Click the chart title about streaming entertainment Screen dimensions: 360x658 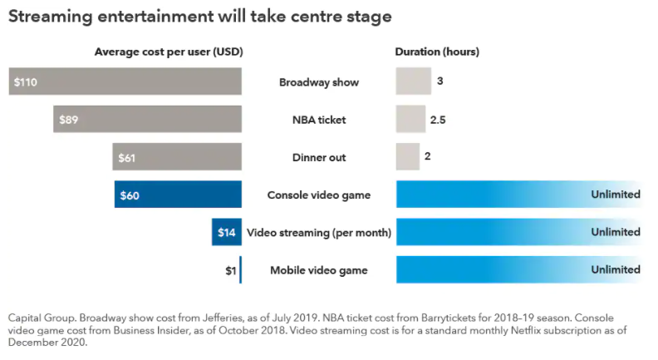pyautogui.click(x=199, y=17)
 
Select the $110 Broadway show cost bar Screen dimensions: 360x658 pyautogui.click(x=125, y=81)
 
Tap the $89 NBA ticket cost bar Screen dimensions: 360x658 pyautogui.click(x=147, y=119)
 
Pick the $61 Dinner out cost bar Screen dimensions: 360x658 pyautogui.click(x=177, y=157)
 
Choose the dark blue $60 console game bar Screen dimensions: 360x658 pyautogui.click(x=178, y=195)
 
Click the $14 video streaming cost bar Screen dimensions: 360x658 pyautogui.click(x=227, y=232)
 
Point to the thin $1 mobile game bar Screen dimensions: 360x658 pyautogui.click(x=240, y=269)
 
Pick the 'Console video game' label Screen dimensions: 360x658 pyautogui.click(x=319, y=195)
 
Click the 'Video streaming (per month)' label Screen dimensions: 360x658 pyautogui.click(x=319, y=233)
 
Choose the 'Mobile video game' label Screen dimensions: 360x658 pyautogui.click(x=319, y=270)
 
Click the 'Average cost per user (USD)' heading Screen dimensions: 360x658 pyautogui.click(x=168, y=52)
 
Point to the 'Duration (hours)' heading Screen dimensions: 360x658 pyautogui.click(x=437, y=52)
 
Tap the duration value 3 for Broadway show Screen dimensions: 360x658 pyautogui.click(x=439, y=81)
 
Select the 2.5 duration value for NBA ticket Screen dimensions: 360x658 pyautogui.click(x=439, y=120)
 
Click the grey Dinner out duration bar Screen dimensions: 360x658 pyautogui.click(x=407, y=157)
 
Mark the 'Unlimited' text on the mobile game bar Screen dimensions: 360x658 pyautogui.click(x=616, y=269)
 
